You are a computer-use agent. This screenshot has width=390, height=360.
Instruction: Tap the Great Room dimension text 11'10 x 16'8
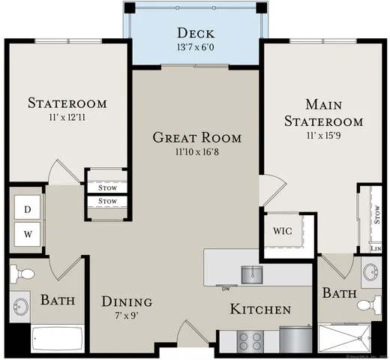point(196,152)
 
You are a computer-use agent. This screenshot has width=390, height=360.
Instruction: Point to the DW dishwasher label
point(225,288)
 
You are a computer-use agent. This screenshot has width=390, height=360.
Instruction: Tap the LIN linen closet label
point(375,248)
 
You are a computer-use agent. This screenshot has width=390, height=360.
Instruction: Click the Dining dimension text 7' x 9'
point(127,316)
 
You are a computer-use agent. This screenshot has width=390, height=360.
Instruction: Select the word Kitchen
point(260,309)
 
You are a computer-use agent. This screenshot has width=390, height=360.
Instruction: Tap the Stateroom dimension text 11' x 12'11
point(66,118)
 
